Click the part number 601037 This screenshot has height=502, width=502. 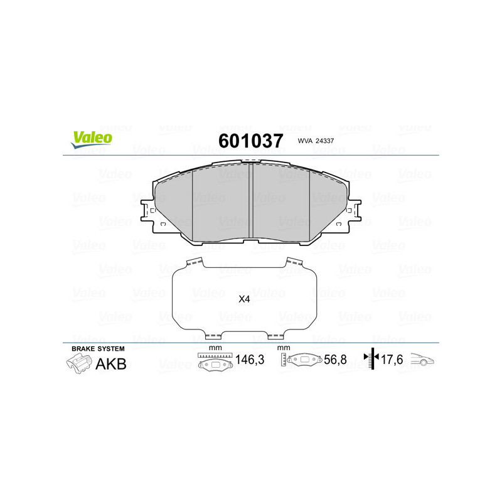250,141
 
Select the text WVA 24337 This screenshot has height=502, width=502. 316,142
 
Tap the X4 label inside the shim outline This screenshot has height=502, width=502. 245,299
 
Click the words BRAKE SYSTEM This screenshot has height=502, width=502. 98,348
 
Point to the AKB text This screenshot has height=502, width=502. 110,363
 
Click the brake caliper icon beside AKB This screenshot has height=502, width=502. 78,363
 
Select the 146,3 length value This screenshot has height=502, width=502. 249,361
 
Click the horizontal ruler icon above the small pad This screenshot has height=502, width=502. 215,356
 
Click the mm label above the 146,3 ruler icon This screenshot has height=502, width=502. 215,348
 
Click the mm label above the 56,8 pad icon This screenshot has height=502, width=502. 284,348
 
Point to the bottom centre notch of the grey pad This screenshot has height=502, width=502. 251,242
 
